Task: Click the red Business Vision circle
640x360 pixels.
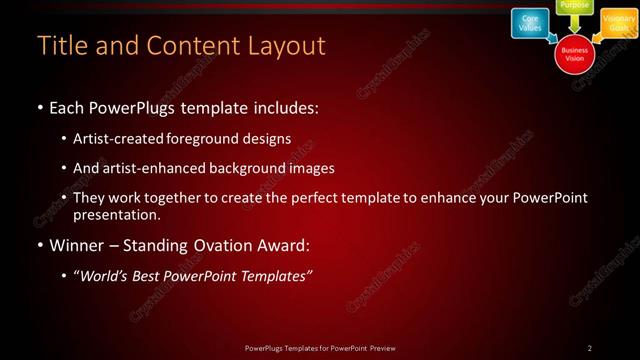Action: click(x=575, y=53)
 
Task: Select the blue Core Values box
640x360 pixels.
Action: click(x=530, y=23)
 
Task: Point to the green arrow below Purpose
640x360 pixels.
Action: click(x=575, y=24)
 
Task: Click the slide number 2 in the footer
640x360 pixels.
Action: click(x=590, y=348)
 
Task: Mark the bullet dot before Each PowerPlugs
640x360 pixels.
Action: click(x=38, y=108)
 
